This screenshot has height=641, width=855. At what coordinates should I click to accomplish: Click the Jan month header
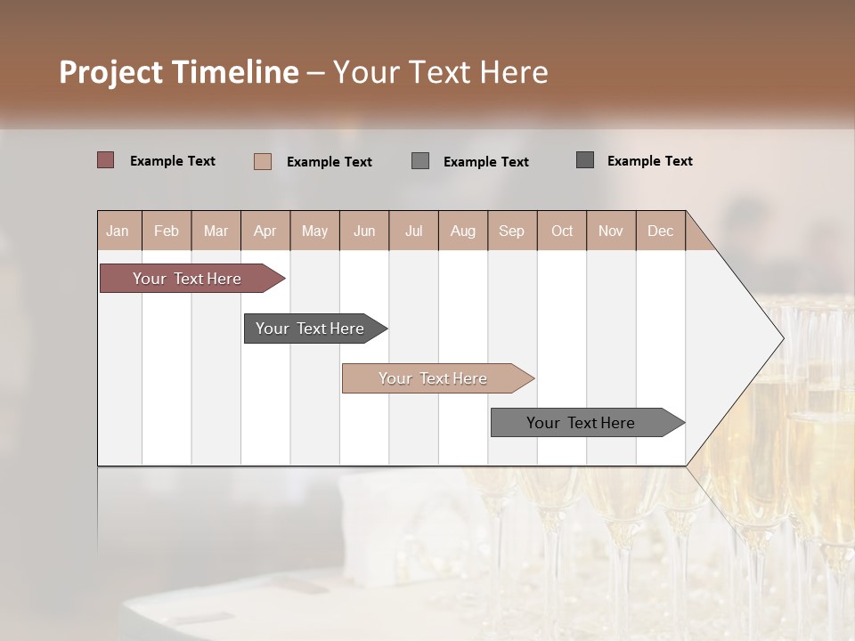(118, 231)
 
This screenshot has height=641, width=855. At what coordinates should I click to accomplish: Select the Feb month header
(167, 231)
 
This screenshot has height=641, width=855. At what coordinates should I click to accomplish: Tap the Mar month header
(216, 231)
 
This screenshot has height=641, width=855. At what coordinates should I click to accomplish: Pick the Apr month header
(265, 231)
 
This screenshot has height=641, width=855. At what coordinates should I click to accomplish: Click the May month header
(314, 231)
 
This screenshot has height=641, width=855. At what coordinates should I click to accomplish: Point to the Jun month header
(364, 231)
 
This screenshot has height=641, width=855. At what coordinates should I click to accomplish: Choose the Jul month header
(413, 231)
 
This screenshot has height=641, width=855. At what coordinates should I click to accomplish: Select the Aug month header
(463, 231)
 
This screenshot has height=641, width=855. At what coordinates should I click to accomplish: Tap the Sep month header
(512, 231)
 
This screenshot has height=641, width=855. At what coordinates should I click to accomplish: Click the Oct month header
(562, 231)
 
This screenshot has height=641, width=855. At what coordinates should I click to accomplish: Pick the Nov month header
(611, 231)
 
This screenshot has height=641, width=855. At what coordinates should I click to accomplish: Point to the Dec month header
(661, 231)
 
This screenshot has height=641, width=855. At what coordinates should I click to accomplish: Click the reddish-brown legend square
(106, 160)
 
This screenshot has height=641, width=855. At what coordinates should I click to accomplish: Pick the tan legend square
(263, 161)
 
